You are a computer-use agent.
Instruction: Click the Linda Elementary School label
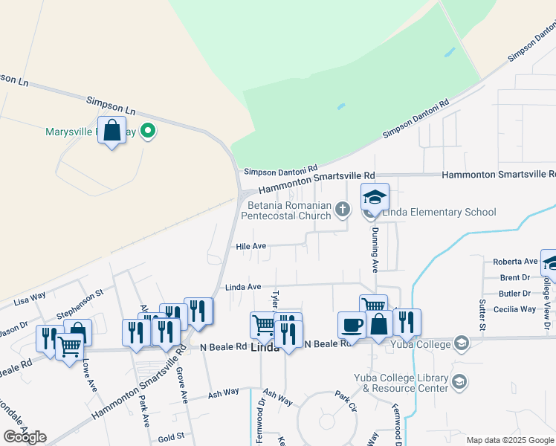coord(439,213)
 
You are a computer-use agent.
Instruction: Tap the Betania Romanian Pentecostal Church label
coord(290,211)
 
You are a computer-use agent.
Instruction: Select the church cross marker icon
coord(343,209)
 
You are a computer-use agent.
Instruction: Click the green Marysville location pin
coord(148,132)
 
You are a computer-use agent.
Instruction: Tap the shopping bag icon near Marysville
coord(111,131)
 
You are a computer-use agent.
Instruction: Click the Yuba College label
coord(424,344)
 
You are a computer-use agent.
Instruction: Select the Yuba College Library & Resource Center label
coord(401,383)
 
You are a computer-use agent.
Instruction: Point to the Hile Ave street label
coord(250,245)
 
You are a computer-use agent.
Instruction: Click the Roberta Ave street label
coord(515,262)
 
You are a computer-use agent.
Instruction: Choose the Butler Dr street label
coord(515,294)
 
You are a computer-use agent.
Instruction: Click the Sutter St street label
coord(482,314)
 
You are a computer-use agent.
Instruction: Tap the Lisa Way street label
coord(30,298)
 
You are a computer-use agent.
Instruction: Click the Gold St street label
coord(170,439)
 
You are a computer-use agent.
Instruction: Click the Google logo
coord(25,437)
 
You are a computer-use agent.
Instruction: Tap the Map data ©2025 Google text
coord(509,440)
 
